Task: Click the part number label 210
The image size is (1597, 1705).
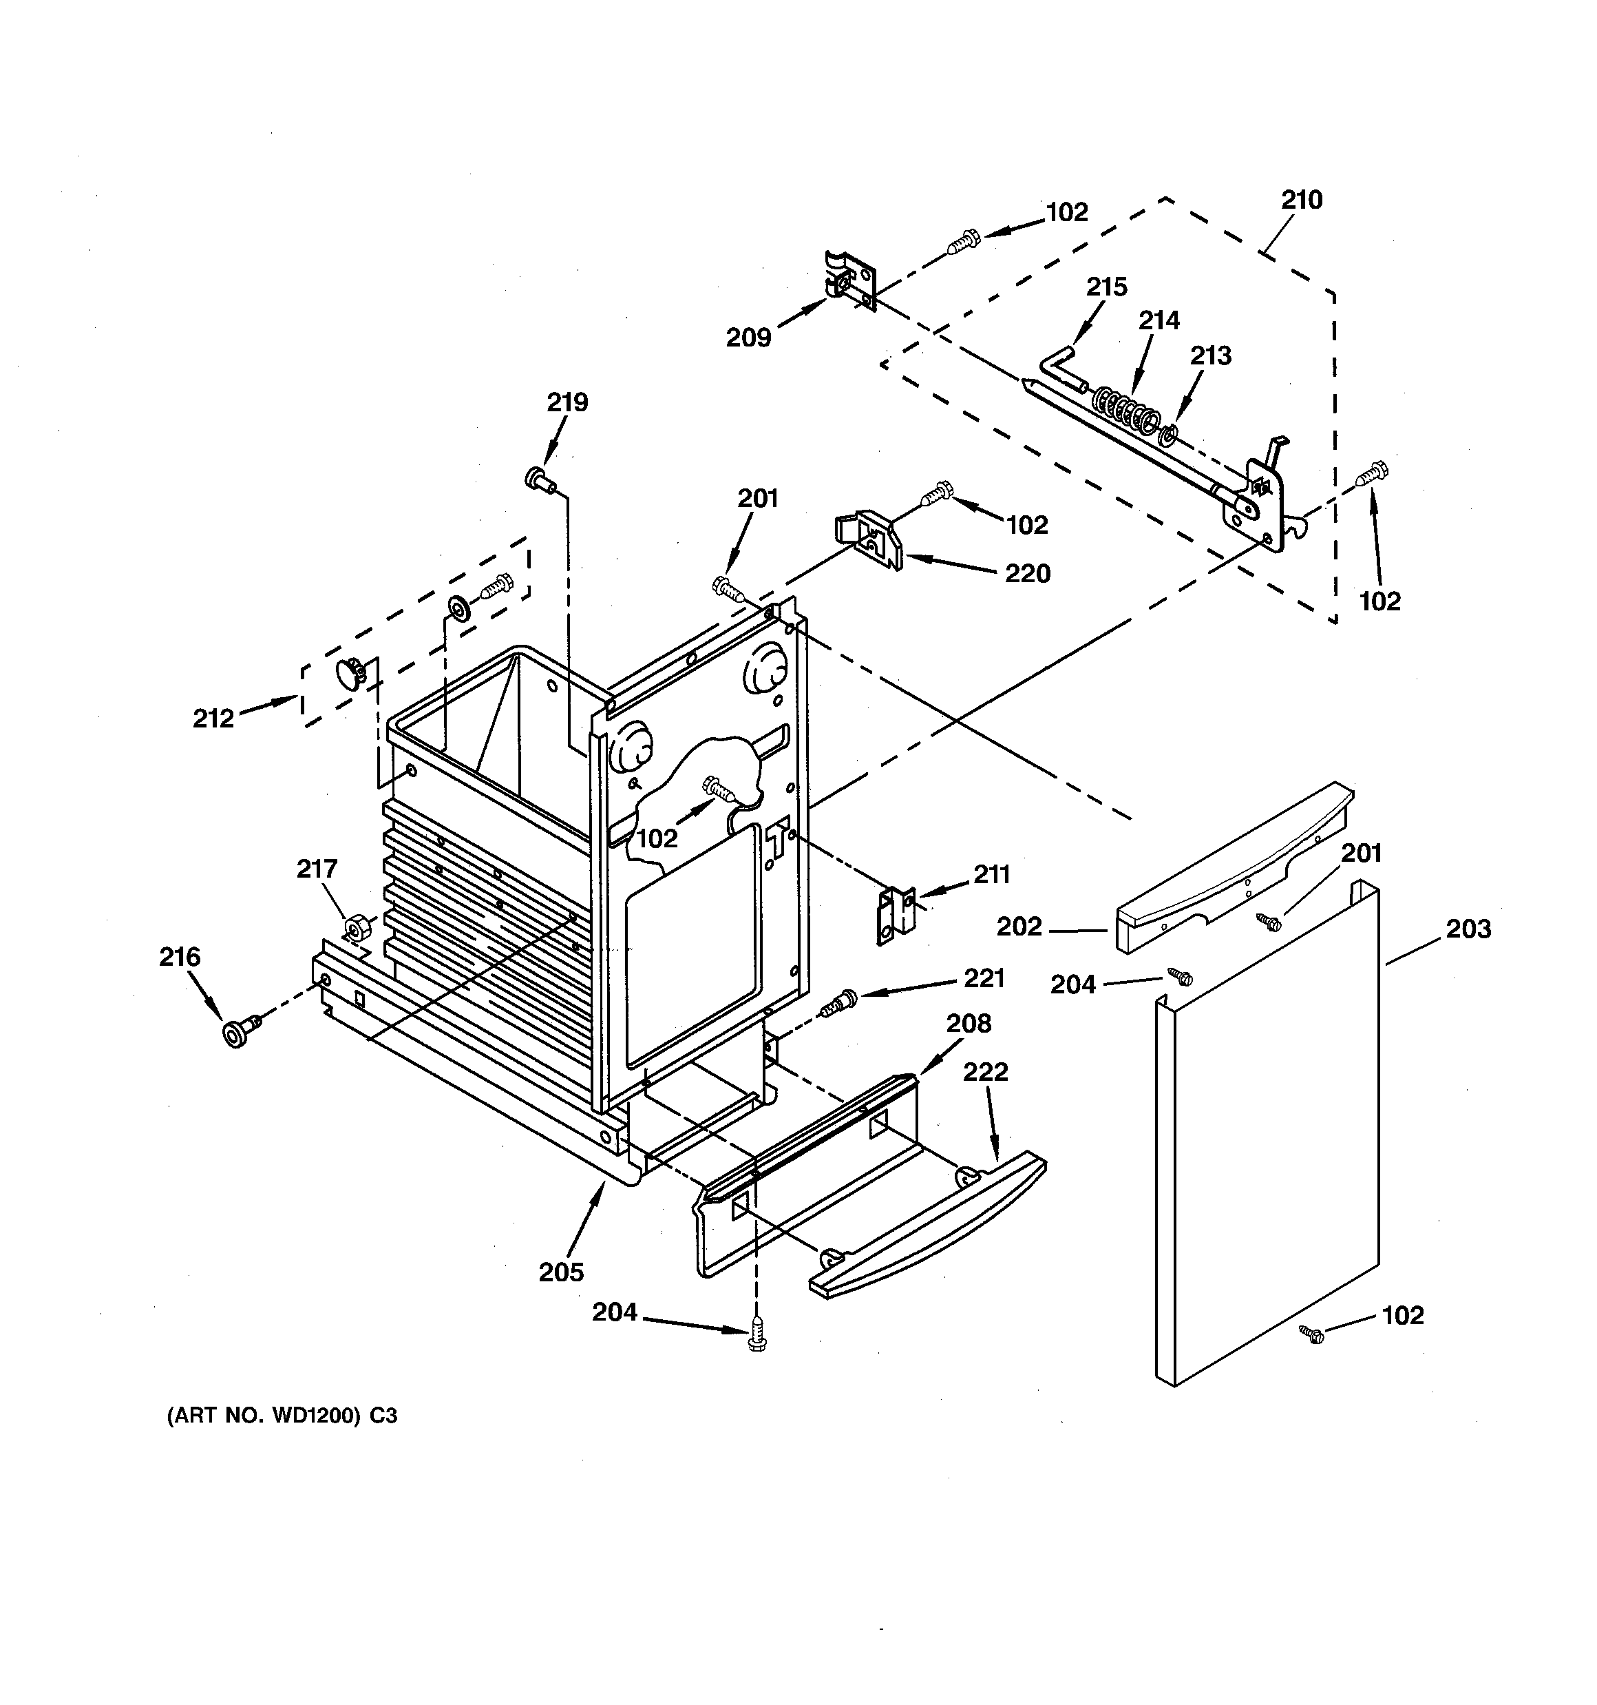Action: click(1301, 200)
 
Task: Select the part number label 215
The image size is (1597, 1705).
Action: click(1107, 287)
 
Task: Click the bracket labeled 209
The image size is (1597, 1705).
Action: click(852, 280)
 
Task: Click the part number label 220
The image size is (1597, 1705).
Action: click(1027, 573)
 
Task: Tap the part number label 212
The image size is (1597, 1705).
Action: click(213, 719)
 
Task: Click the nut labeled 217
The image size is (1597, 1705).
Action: click(356, 928)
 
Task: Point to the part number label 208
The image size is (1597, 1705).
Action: click(969, 1023)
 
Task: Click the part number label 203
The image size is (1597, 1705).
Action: click(1468, 929)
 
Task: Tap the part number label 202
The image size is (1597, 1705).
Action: click(1019, 927)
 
